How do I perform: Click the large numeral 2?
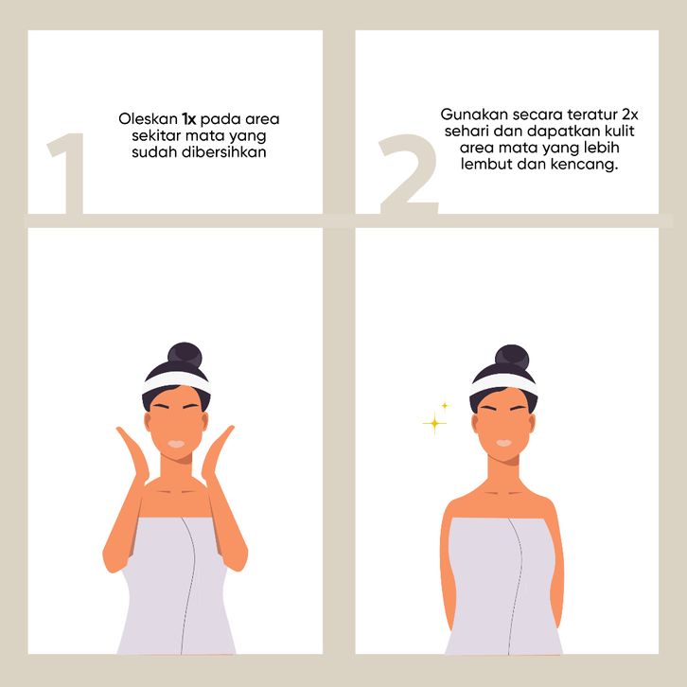point(409,173)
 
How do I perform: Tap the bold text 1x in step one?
point(189,118)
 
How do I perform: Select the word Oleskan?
point(148,118)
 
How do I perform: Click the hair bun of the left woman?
point(185,355)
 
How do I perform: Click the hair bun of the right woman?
point(512,357)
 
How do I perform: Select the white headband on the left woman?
point(177,382)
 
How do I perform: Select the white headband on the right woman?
point(503,384)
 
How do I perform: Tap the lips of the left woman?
point(176,444)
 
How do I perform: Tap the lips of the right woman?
point(503,443)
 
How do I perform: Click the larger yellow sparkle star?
point(434,423)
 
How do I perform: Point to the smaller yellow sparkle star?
point(445,406)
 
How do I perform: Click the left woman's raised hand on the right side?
point(218,456)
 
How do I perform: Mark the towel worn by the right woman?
point(503,585)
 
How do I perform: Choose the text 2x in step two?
point(630,114)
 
